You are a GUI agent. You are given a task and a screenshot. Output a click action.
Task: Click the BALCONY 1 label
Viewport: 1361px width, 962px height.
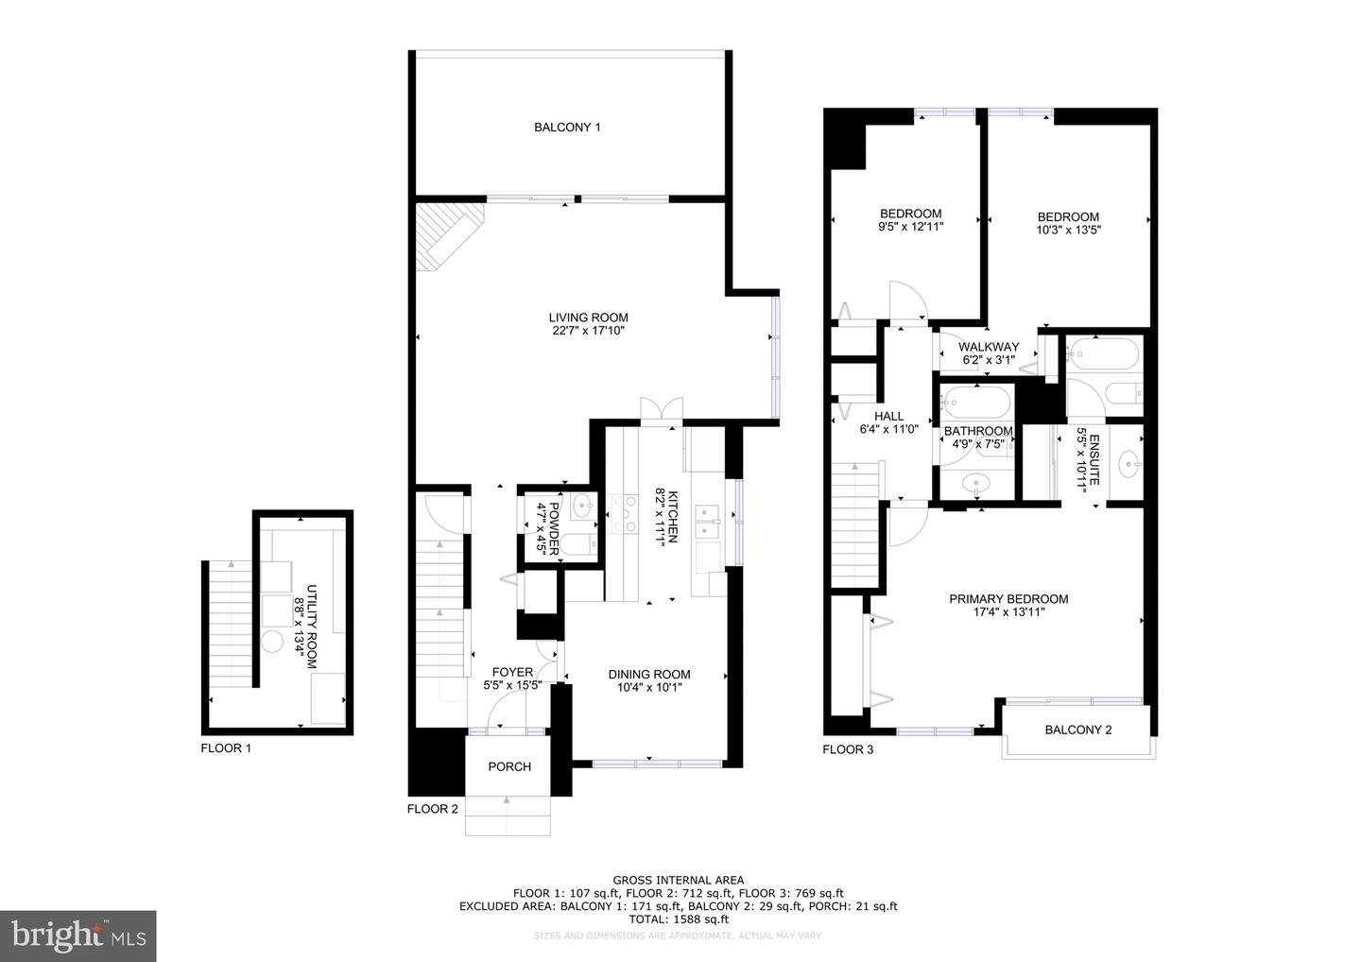pyautogui.click(x=567, y=127)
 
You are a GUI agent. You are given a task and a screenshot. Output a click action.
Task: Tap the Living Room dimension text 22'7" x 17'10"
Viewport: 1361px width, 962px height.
pyautogui.click(x=588, y=331)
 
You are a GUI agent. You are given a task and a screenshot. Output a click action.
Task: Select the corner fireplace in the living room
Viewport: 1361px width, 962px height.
pyautogui.click(x=448, y=235)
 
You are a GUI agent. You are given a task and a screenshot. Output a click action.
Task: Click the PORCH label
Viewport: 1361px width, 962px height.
pyautogui.click(x=509, y=766)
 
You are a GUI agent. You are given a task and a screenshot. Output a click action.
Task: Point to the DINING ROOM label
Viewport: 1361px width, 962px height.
pyautogui.click(x=649, y=674)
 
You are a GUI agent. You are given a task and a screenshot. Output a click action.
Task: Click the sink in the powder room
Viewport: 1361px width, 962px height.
pyautogui.click(x=583, y=506)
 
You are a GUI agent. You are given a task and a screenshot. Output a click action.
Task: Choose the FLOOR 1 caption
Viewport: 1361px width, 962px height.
pyautogui.click(x=225, y=748)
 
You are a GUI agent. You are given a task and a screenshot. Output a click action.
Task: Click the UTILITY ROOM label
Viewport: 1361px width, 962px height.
pyautogui.click(x=311, y=627)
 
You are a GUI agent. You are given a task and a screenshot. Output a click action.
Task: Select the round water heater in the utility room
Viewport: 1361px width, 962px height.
pyautogui.click(x=272, y=642)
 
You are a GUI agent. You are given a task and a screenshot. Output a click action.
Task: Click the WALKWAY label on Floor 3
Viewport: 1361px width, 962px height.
pyautogui.click(x=989, y=347)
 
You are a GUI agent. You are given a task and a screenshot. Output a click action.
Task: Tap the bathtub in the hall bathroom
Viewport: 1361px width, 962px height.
pyautogui.click(x=975, y=403)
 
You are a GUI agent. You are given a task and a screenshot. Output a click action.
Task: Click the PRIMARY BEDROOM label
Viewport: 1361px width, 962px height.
pyautogui.click(x=1008, y=599)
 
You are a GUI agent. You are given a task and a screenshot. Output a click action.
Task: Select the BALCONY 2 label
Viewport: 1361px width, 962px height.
pyautogui.click(x=1077, y=730)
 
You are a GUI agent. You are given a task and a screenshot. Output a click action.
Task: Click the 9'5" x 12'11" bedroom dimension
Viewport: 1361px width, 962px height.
pyautogui.click(x=911, y=227)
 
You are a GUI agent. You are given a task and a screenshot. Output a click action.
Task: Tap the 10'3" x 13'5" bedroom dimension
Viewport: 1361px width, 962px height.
pyautogui.click(x=1068, y=231)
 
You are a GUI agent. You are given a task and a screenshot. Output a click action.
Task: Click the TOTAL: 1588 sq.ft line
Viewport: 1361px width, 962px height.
pyautogui.click(x=679, y=919)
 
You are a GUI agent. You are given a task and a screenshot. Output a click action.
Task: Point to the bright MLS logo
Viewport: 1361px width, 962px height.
pyautogui.click(x=78, y=936)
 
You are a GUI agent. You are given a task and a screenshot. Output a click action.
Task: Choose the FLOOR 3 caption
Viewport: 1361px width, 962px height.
pyautogui.click(x=848, y=749)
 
